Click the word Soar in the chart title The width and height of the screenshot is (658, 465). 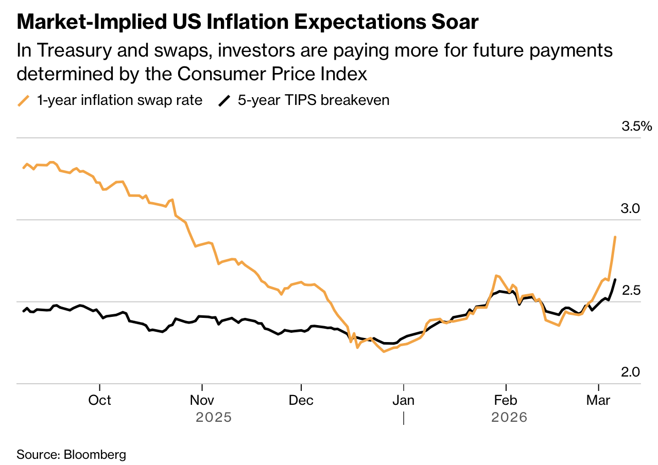(x=456, y=22)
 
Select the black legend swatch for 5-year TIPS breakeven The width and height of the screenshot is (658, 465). (x=224, y=100)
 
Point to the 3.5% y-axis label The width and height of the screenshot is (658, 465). (x=636, y=127)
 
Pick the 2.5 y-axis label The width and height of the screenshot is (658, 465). (x=630, y=290)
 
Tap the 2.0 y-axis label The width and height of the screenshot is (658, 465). (x=630, y=372)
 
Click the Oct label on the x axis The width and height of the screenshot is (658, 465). (x=99, y=400)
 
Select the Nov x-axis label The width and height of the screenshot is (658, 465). (x=202, y=400)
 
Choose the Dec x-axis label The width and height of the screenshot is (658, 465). (x=301, y=400)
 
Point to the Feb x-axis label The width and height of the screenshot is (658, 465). (x=506, y=400)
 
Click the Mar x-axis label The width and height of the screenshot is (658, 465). (x=598, y=400)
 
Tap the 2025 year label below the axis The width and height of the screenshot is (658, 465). (x=214, y=417)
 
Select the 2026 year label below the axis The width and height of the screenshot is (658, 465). (x=510, y=417)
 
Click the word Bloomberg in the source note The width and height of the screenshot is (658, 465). (x=95, y=455)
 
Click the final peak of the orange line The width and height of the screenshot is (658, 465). (x=615, y=237)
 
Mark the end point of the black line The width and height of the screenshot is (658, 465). (x=615, y=279)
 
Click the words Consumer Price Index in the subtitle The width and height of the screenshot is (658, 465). (x=272, y=74)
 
